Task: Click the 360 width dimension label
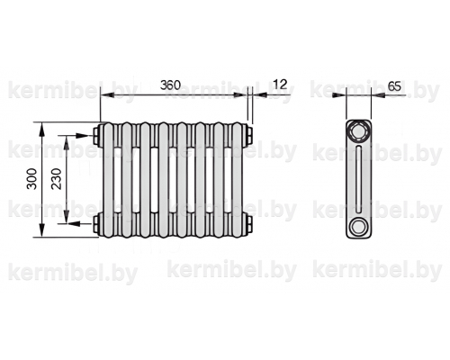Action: click(170, 85)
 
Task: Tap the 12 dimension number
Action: click(280, 85)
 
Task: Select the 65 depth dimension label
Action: click(394, 86)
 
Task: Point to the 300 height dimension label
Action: click(31, 179)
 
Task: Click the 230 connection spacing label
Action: click(57, 179)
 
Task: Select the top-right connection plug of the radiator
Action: click(249, 136)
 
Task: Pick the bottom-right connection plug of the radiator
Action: click(249, 223)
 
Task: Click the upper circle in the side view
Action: click(358, 131)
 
